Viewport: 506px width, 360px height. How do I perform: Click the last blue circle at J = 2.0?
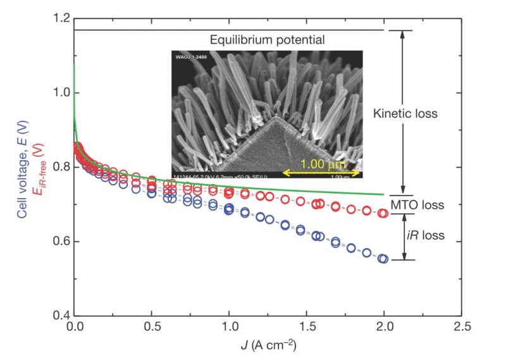[383, 259]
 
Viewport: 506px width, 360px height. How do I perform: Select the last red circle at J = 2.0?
[383, 213]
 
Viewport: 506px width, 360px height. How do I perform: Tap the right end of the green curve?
[383, 195]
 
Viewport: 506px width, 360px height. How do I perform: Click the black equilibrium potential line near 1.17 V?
[228, 30]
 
